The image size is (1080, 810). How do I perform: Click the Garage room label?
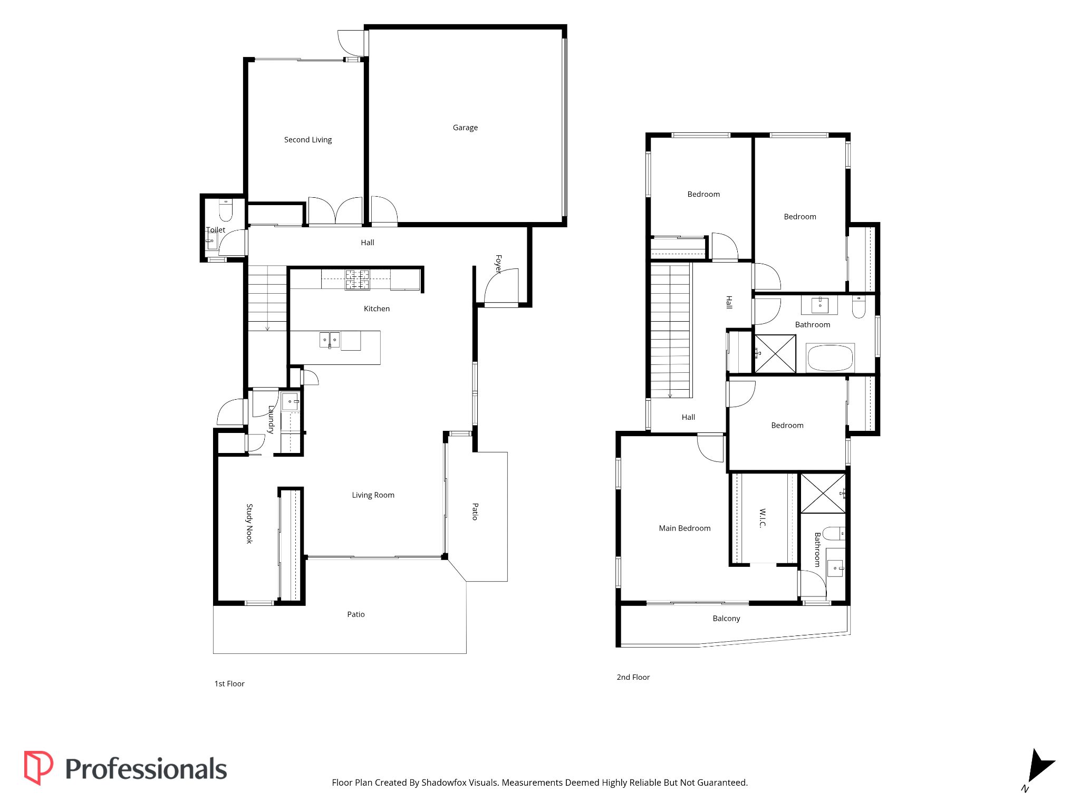click(465, 128)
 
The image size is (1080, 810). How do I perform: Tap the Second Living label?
click(308, 140)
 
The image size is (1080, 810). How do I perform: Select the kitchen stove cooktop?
click(358, 279)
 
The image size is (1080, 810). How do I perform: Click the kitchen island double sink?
click(330, 340)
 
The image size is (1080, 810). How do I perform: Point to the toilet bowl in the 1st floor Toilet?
click(226, 210)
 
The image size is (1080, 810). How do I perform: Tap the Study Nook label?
click(249, 524)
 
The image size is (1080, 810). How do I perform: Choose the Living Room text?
click(373, 495)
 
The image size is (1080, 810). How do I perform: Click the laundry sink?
click(290, 401)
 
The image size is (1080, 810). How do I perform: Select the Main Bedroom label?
click(684, 528)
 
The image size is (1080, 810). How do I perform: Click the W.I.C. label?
click(763, 518)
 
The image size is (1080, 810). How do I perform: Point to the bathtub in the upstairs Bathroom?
click(830, 358)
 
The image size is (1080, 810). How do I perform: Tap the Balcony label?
click(726, 619)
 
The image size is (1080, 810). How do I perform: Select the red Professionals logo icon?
click(38, 768)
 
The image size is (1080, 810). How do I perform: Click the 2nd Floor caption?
click(633, 677)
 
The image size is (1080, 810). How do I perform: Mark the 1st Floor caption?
click(229, 684)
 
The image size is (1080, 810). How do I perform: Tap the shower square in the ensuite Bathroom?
click(823, 493)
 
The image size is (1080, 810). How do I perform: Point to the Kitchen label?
click(377, 309)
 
